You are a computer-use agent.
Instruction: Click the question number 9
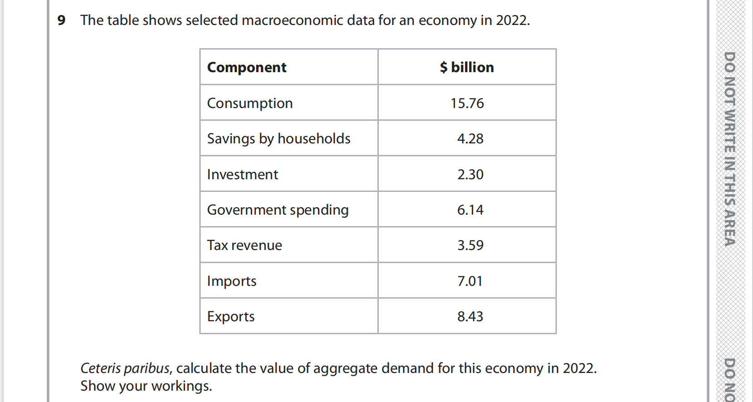pyautogui.click(x=61, y=20)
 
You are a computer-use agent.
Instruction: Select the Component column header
pyautogui.click(x=247, y=67)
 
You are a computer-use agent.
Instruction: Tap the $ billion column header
pyautogui.click(x=467, y=67)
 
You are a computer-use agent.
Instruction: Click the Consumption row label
pyautogui.click(x=250, y=103)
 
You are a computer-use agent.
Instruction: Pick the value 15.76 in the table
pyautogui.click(x=467, y=103)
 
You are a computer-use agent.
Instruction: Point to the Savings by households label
pyautogui.click(x=278, y=138)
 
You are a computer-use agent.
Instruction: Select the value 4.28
pyautogui.click(x=470, y=138)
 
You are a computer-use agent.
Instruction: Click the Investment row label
pyautogui.click(x=243, y=174)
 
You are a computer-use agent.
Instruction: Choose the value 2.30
pyautogui.click(x=470, y=174)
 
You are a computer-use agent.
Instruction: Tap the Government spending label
pyautogui.click(x=277, y=210)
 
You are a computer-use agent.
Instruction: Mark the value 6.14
pyautogui.click(x=470, y=210)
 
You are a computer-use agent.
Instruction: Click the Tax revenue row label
pyautogui.click(x=244, y=245)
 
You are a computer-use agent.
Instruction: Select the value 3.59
pyautogui.click(x=470, y=245)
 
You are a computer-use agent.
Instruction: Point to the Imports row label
pyautogui.click(x=232, y=281)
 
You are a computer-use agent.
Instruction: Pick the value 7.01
pyautogui.click(x=470, y=281)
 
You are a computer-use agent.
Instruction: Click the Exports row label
pyautogui.click(x=231, y=316)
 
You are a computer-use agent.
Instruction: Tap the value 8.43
pyautogui.click(x=470, y=316)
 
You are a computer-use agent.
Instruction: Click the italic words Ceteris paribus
pyautogui.click(x=125, y=368)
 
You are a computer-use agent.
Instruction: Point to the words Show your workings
pyautogui.click(x=146, y=386)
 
